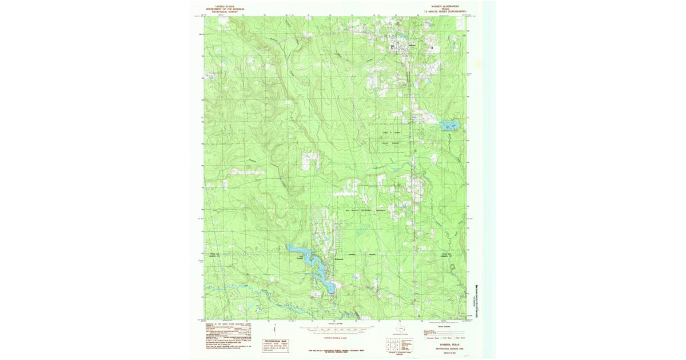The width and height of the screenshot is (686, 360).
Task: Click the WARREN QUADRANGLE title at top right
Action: [x=444, y=6]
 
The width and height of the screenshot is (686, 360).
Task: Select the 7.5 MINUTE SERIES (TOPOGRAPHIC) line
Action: [x=444, y=11]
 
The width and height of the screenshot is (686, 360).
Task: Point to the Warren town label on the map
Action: [x=412, y=45]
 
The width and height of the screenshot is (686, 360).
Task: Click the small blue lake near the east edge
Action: [x=449, y=125]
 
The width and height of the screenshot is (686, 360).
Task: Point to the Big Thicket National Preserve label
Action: [x=366, y=210]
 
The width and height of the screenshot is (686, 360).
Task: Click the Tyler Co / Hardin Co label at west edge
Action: [x=214, y=255]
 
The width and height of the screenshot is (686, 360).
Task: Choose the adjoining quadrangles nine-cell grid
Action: [x=392, y=345]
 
